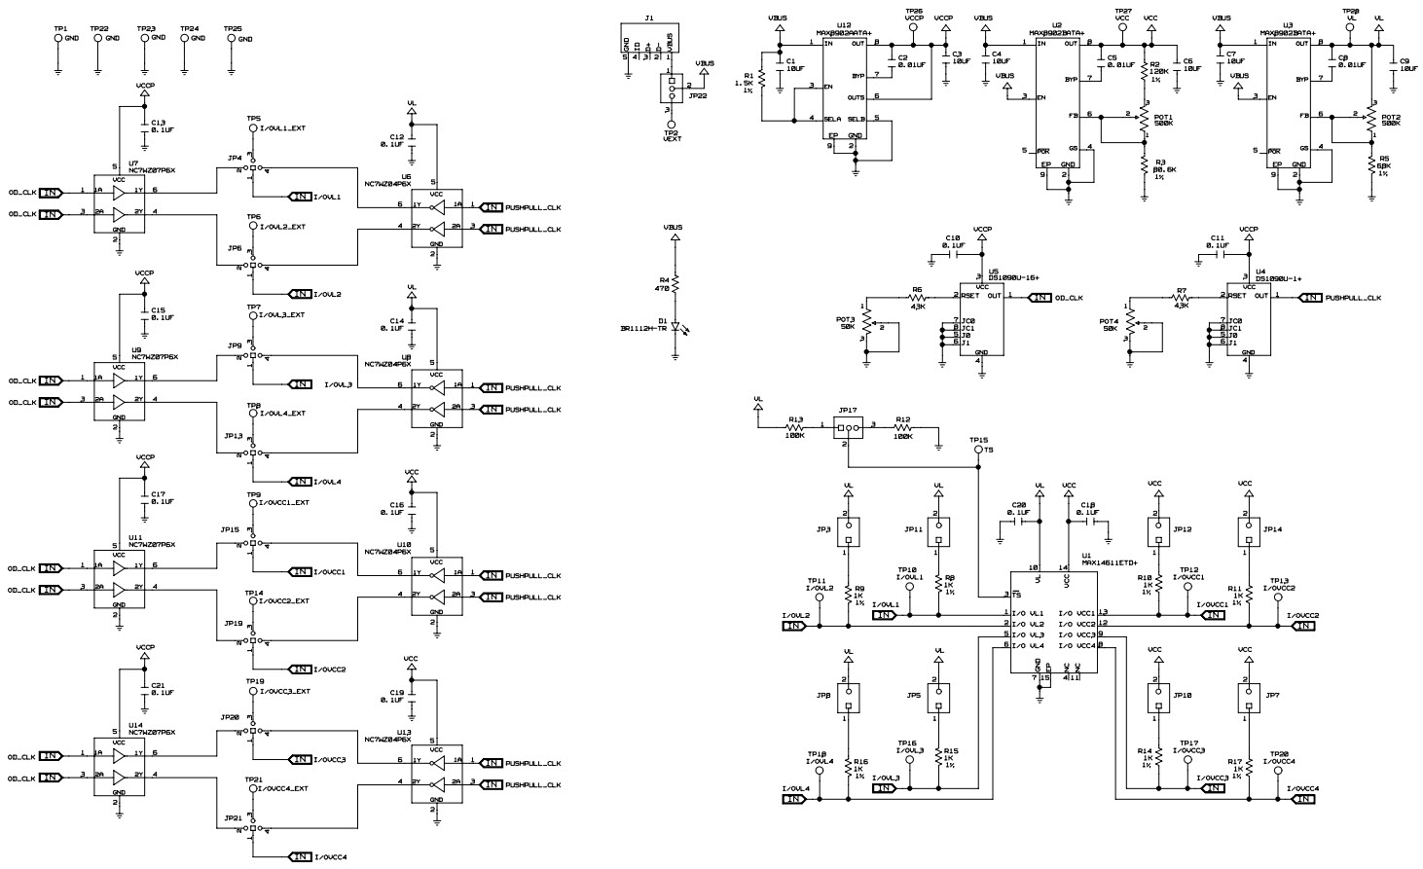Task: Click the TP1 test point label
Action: (60, 30)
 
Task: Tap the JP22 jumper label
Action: (697, 96)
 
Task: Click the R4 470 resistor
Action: (675, 283)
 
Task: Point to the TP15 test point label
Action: (978, 440)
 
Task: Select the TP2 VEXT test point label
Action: (672, 135)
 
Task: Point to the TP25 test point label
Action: (234, 30)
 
